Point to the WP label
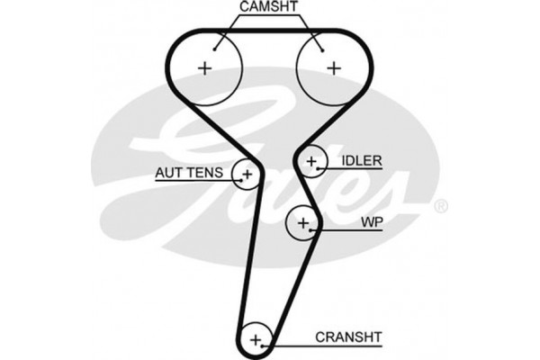pos(370,220)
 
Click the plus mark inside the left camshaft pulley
pos(206,67)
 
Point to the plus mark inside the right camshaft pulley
pos(334,67)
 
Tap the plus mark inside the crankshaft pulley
pos(256,339)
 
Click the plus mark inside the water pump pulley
pos(303,221)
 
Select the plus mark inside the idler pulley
pos(311,162)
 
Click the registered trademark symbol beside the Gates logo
pos(440,208)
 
